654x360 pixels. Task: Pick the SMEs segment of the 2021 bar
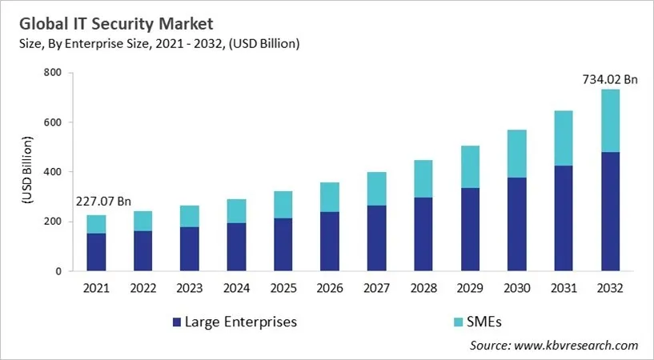(x=96, y=224)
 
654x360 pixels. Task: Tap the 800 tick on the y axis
(x=53, y=73)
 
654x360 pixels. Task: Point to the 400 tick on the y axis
(x=53, y=172)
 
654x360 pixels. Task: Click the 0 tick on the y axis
(x=58, y=271)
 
